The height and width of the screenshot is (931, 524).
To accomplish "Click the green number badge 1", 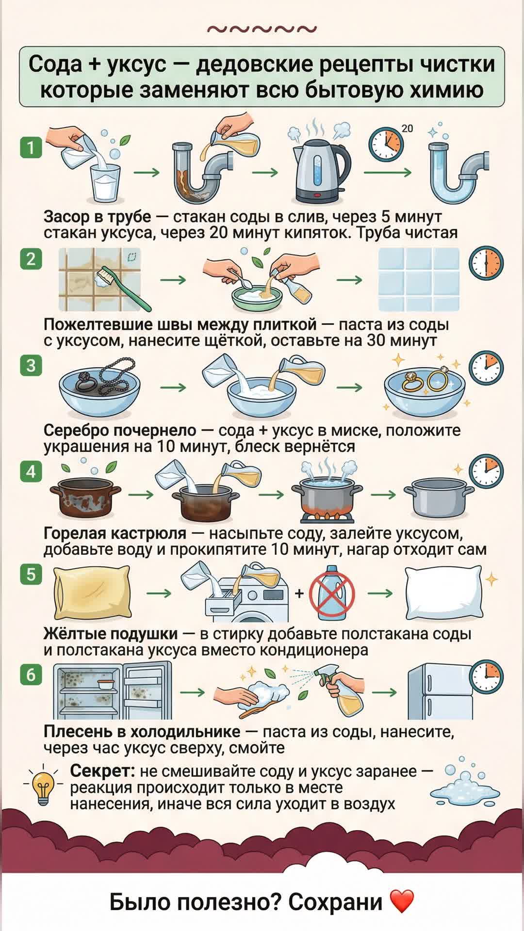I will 31,147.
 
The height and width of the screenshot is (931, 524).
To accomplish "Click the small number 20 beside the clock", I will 407,128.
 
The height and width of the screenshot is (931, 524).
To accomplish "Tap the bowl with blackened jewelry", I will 99,388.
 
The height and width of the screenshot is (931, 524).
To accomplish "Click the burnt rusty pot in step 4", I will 85,497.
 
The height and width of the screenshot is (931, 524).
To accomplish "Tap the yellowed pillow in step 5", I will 91,593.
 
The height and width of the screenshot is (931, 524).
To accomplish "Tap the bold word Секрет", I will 102,770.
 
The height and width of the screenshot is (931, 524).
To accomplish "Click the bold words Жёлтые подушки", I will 111,634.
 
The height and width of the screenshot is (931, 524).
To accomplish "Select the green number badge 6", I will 31,674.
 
